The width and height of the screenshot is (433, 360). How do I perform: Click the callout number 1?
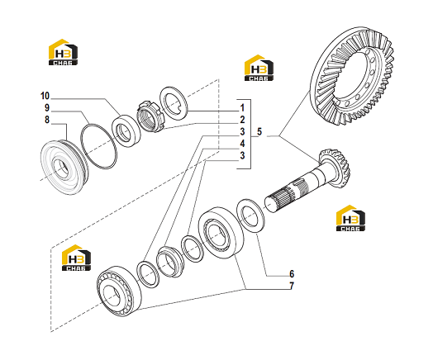(x=242, y=108)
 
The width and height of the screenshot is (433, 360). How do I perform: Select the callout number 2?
(x=242, y=120)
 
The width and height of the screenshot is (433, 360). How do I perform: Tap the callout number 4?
(x=242, y=144)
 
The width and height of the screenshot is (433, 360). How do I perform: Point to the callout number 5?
(x=259, y=131)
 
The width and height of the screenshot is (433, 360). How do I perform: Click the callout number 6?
(x=292, y=274)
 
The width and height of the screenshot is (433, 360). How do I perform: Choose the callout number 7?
(x=292, y=286)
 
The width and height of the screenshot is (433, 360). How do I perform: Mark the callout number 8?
(x=47, y=120)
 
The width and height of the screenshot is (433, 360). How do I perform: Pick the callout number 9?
(x=47, y=108)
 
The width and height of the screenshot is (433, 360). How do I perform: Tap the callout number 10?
(x=45, y=96)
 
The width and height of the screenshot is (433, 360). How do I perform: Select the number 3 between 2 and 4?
(x=242, y=132)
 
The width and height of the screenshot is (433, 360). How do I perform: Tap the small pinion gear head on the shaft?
(x=335, y=168)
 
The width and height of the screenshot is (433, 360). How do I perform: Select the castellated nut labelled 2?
(x=150, y=116)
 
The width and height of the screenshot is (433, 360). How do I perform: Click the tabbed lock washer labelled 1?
(x=174, y=103)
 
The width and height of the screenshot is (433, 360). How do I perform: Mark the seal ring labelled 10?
(x=126, y=130)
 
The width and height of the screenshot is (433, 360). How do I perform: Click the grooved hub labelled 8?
(x=64, y=167)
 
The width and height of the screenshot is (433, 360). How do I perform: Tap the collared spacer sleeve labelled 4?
(x=169, y=261)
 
